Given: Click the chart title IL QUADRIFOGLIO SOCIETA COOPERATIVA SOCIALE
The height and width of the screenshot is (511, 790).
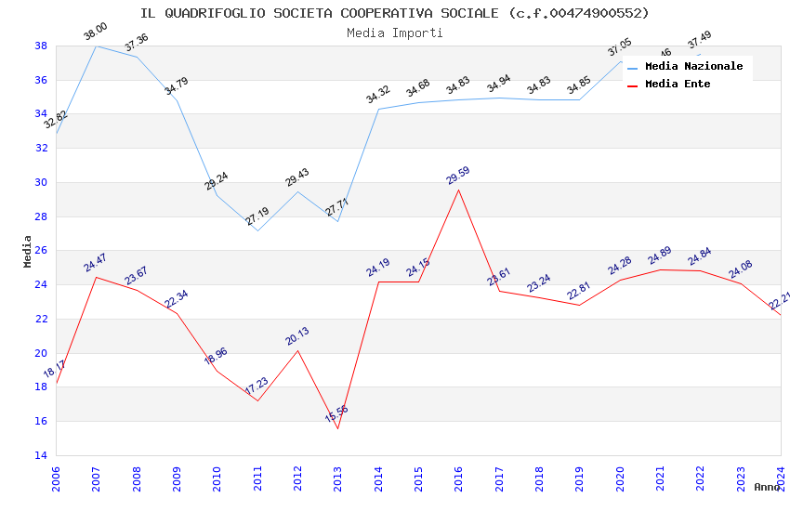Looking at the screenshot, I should click(395, 13).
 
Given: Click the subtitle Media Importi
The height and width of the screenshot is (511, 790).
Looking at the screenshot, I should click(395, 33).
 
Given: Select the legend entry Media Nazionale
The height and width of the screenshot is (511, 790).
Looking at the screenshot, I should click(693, 67).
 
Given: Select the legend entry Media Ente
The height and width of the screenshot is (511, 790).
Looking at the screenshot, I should click(678, 84).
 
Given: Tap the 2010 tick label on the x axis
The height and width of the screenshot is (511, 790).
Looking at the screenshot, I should click(217, 478).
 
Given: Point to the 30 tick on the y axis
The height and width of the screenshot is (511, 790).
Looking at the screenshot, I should click(42, 182).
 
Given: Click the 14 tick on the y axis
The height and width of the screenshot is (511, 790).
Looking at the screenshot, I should click(42, 455).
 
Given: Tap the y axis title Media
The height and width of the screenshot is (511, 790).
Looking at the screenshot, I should click(28, 251).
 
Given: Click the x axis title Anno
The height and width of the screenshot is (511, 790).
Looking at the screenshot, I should click(767, 487).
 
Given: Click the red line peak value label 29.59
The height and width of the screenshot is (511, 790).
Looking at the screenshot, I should click(458, 176).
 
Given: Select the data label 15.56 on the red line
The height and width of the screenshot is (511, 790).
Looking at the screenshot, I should click(337, 414).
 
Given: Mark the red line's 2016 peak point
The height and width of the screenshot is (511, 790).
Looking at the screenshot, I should click(458, 190).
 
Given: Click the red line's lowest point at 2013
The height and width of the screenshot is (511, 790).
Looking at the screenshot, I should click(337, 428).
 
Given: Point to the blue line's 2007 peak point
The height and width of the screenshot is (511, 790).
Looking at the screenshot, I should click(96, 46).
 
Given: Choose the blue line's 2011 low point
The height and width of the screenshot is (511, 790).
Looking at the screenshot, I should click(257, 230).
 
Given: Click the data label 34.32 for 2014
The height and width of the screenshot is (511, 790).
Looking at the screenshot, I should click(378, 95).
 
